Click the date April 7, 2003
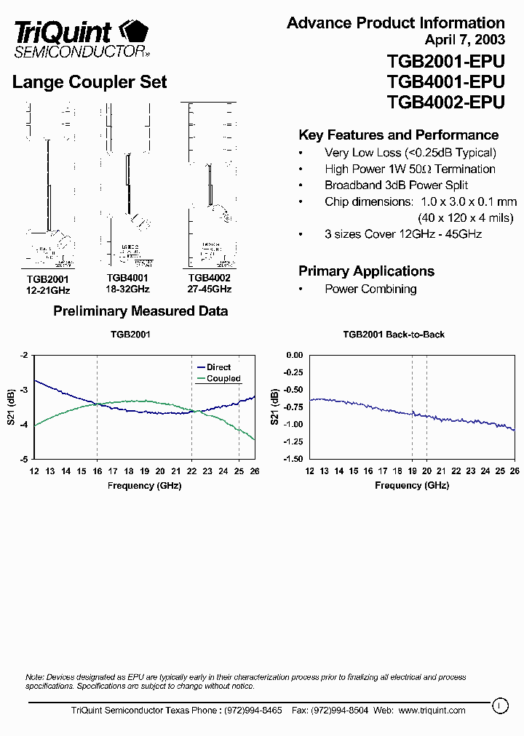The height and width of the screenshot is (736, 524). pyautogui.click(x=464, y=39)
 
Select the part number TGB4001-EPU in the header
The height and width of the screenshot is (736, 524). pyautogui.click(x=445, y=81)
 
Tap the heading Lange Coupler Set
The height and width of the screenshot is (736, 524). pyautogui.click(x=90, y=82)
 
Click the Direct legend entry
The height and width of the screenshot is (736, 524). pyautogui.click(x=218, y=367)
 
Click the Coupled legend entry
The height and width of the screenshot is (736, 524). pyautogui.click(x=223, y=379)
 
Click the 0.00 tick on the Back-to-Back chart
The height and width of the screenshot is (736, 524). pyautogui.click(x=294, y=355)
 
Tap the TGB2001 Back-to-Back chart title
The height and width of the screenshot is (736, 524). pyautogui.click(x=394, y=335)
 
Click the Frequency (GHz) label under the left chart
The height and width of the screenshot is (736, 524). pyautogui.click(x=144, y=485)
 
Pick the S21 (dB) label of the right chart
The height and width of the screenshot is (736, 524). pyautogui.click(x=274, y=407)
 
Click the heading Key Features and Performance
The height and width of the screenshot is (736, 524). pyautogui.click(x=398, y=135)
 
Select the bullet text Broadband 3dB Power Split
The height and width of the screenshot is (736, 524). pyautogui.click(x=396, y=185)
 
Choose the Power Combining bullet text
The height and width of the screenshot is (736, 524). pyautogui.click(x=370, y=289)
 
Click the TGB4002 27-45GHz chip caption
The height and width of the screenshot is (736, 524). pyautogui.click(x=210, y=283)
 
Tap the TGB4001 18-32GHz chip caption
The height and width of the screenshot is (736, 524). pyautogui.click(x=128, y=283)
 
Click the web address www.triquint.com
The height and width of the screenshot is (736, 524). pyautogui.click(x=432, y=711)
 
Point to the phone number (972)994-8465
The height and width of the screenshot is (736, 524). pyautogui.click(x=251, y=711)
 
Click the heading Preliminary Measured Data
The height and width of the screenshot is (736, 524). pyautogui.click(x=140, y=311)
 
